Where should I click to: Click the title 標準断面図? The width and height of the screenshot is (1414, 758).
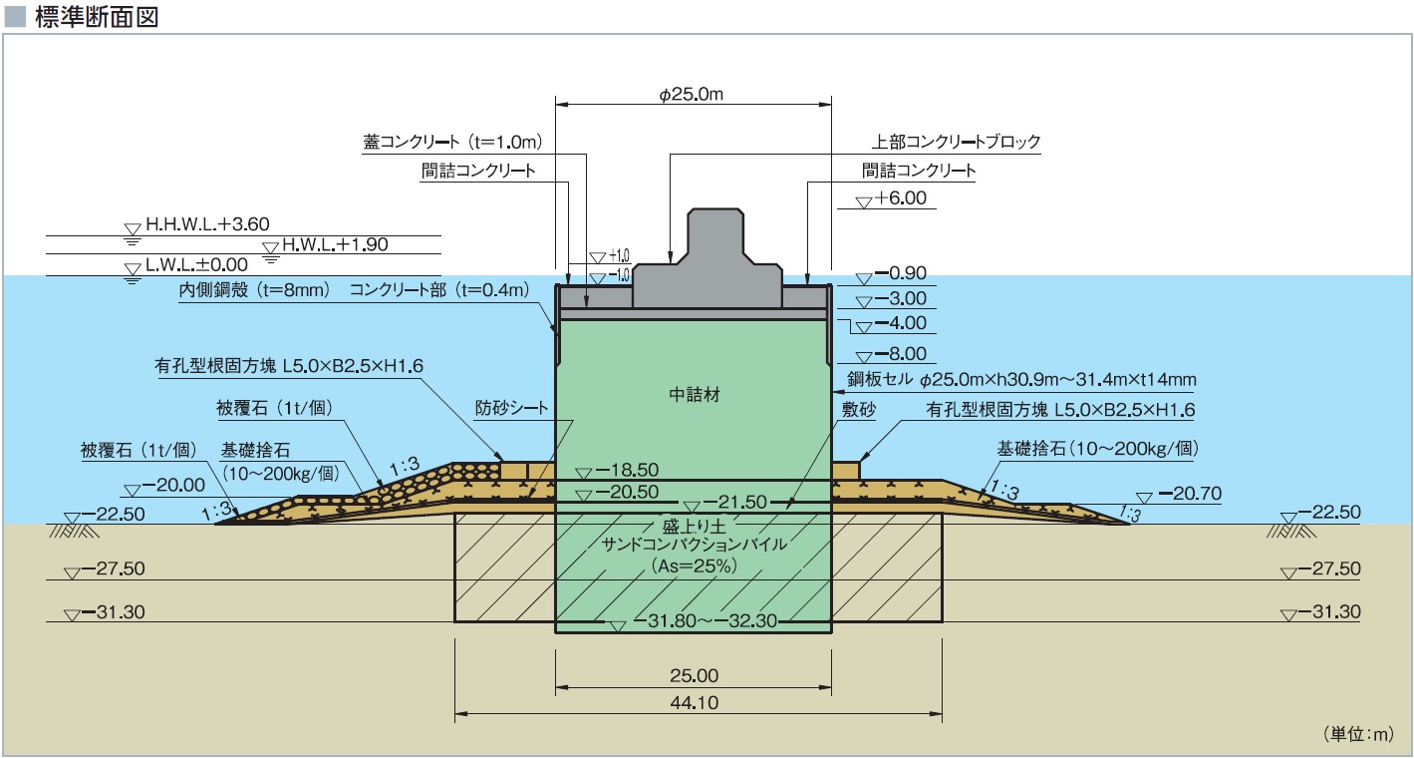point(96,18)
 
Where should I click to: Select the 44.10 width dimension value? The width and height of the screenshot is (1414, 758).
point(694,702)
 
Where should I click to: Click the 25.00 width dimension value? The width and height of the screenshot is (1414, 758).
point(694,676)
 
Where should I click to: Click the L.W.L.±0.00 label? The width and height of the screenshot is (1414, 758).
point(195,266)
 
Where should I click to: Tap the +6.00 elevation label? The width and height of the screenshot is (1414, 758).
point(900,198)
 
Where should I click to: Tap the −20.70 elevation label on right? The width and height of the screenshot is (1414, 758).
point(1188,494)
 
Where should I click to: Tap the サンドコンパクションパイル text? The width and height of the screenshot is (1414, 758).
point(695,545)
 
